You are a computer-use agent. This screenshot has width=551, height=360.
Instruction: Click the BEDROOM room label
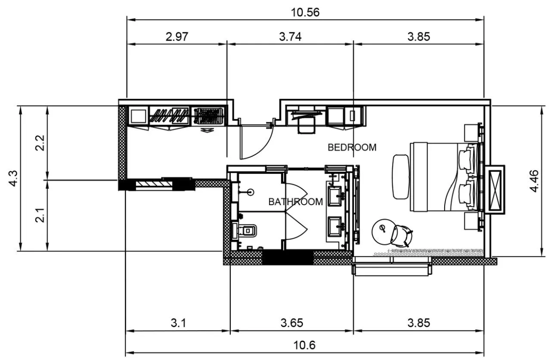tap(352, 147)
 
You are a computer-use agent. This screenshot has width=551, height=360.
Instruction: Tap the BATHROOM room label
tap(296, 202)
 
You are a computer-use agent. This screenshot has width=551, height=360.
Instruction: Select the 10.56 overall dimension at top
tap(305, 12)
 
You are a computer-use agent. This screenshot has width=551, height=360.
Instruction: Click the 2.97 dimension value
tap(177, 37)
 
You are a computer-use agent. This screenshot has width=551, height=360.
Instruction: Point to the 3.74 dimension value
tap(290, 37)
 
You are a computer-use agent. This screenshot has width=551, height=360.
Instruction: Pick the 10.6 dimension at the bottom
tap(304, 345)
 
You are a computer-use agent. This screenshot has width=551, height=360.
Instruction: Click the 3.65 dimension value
tap(292, 323)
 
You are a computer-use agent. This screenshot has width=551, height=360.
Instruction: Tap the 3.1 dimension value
tap(178, 323)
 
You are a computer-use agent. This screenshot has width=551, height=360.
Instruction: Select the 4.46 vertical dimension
tap(535, 181)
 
